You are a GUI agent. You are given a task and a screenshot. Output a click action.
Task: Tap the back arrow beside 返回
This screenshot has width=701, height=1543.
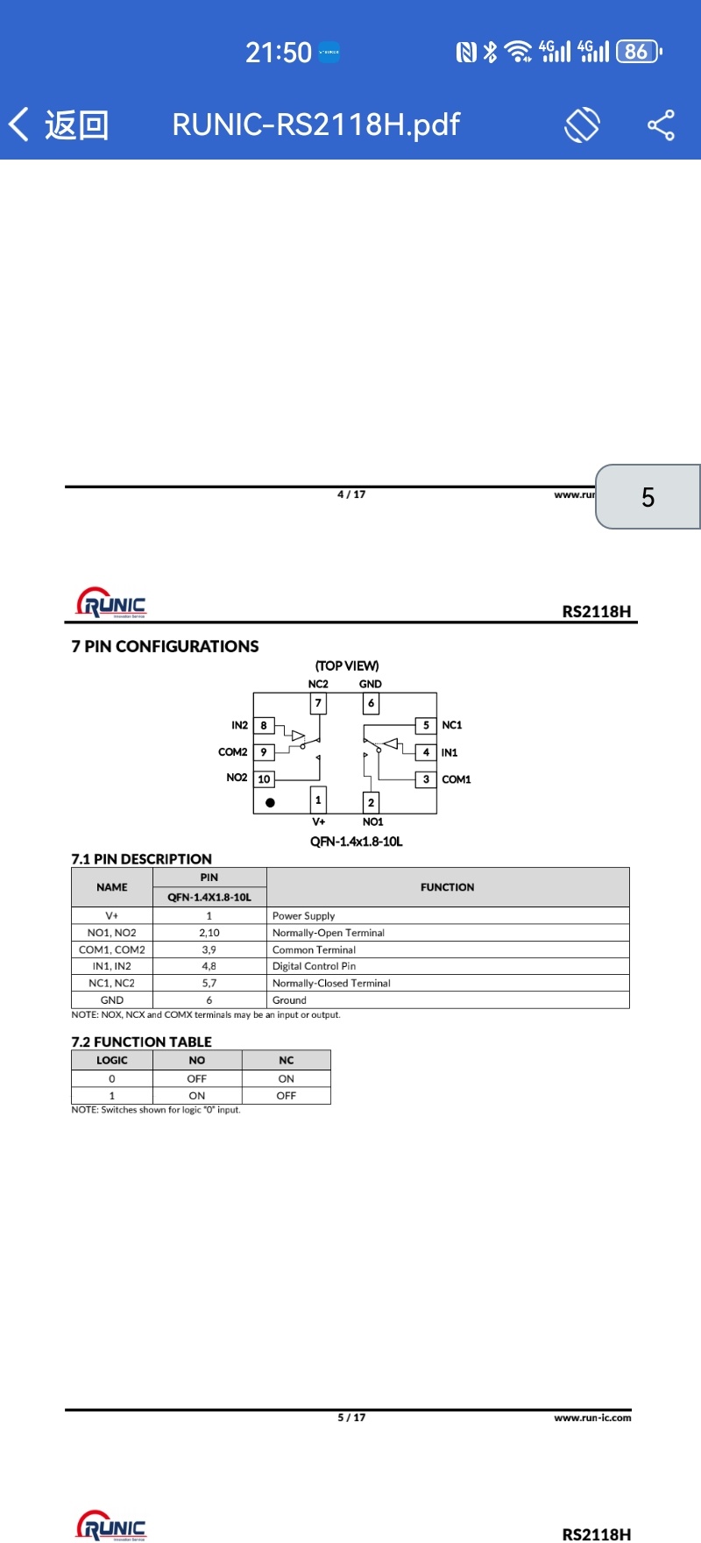click(x=18, y=124)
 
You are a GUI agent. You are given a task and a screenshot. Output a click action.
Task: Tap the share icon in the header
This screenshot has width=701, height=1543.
click(x=661, y=124)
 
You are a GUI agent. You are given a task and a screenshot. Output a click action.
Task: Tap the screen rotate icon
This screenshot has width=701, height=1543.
click(x=582, y=124)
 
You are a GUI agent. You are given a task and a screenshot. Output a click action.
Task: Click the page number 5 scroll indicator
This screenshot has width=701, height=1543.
click(x=648, y=497)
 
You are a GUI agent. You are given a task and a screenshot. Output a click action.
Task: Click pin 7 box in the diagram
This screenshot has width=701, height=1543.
click(x=318, y=703)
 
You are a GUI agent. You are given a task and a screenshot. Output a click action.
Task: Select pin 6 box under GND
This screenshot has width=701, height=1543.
click(x=371, y=703)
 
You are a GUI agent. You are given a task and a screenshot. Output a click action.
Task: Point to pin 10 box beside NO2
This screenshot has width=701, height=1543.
click(x=264, y=779)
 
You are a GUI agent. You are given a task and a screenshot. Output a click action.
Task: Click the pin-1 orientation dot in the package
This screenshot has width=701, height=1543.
click(x=270, y=802)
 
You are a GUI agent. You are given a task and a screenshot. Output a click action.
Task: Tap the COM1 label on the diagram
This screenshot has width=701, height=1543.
click(x=457, y=779)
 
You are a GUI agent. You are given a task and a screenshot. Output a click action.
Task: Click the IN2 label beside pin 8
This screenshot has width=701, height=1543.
click(x=239, y=725)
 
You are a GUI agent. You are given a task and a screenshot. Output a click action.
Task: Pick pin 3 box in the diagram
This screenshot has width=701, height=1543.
click(x=426, y=779)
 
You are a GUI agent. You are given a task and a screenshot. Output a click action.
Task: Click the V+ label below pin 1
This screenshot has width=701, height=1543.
click(x=319, y=821)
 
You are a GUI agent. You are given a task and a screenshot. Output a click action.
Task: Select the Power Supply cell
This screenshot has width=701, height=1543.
click(x=448, y=915)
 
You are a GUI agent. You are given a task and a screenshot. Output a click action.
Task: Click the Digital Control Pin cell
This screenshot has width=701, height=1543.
click(x=448, y=966)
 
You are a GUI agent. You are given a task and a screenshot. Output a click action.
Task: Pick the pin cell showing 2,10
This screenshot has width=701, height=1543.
click(x=209, y=933)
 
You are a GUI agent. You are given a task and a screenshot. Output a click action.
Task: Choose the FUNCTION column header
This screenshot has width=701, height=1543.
click(x=448, y=887)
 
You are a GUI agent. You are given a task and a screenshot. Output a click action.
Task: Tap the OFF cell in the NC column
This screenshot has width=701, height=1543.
click(x=287, y=1096)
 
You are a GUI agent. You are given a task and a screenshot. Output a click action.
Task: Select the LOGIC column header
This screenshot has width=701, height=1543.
click(x=112, y=1060)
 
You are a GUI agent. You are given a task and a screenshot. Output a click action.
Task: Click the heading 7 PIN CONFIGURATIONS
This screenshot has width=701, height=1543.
click(x=165, y=646)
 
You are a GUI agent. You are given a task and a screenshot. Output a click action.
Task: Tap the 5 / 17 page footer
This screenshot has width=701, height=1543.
click(x=351, y=1417)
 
